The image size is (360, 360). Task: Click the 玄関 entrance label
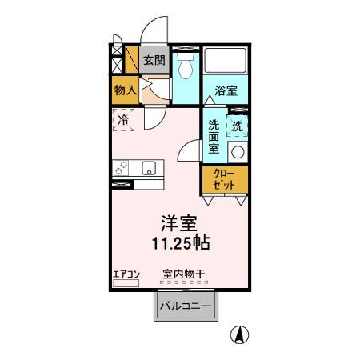pyautogui.click(x=154, y=61)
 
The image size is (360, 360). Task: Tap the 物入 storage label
pyautogui.click(x=125, y=89)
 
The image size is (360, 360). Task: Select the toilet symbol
pyautogui.click(x=186, y=67)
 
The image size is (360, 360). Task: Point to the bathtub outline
pyautogui.click(x=226, y=62)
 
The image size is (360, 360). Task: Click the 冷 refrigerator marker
pyautogui.click(x=124, y=121)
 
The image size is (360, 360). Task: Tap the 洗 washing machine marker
pyautogui.click(x=238, y=126)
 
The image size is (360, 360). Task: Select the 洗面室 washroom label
pyautogui.click(x=214, y=135)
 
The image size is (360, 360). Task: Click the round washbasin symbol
pyautogui.click(x=238, y=152)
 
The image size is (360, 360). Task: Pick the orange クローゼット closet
pyautogui.click(x=225, y=179)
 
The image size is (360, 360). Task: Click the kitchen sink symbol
pyautogui.click(x=149, y=168)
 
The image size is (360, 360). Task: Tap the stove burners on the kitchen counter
pyautogui.click(x=122, y=168)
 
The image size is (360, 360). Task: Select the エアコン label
pyautogui.click(x=126, y=275)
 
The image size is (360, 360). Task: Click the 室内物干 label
pyautogui.click(x=184, y=275)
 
